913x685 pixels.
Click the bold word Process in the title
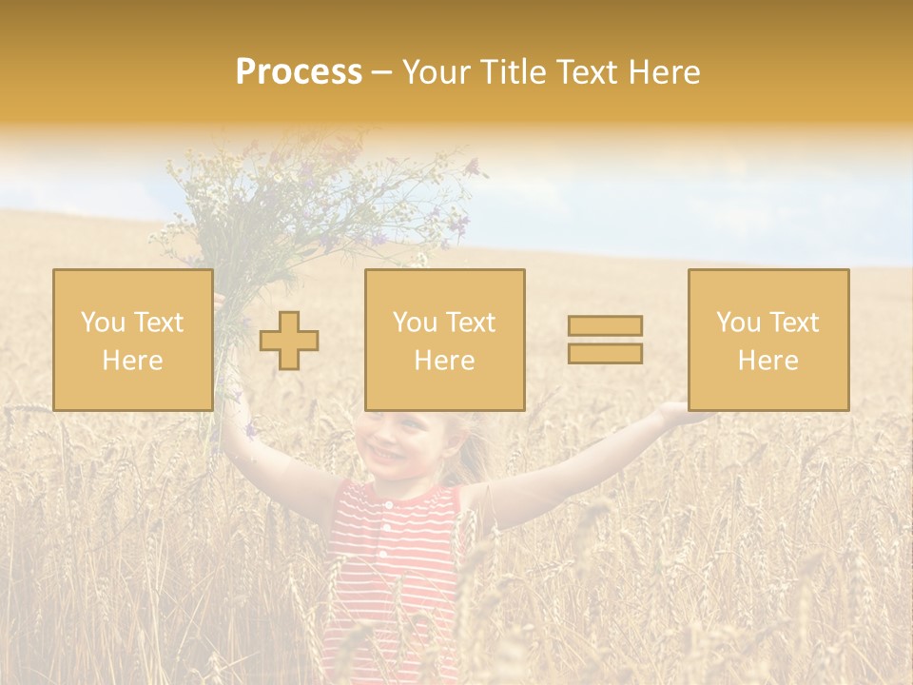tap(299, 72)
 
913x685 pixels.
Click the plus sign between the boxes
tap(289, 340)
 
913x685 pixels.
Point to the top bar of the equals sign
tap(605, 325)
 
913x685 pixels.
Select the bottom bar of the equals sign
tap(605, 353)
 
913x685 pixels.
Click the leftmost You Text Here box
tap(132, 340)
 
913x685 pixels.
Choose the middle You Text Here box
tap(444, 340)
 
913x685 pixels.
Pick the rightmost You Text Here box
tap(767, 340)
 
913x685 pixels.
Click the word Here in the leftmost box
tap(132, 361)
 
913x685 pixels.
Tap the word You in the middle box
tap(415, 323)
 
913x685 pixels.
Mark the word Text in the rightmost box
tap(795, 323)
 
